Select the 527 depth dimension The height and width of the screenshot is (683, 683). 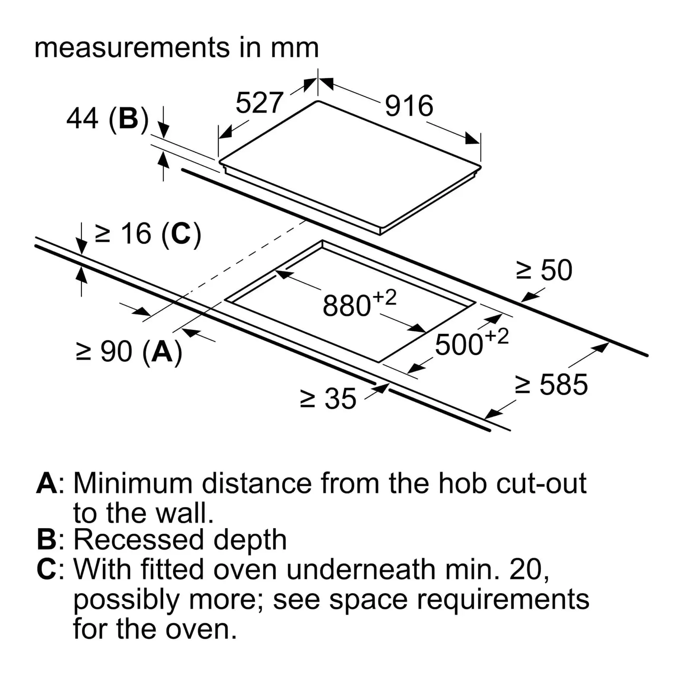pos(260,103)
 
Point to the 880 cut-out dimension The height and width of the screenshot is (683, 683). pos(346,306)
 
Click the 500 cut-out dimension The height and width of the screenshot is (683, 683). pos(459,345)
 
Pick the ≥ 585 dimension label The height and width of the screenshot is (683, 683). pos(551,384)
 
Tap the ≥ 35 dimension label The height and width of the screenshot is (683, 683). pos(328,399)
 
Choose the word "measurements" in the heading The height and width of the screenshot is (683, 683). pos(132,48)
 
